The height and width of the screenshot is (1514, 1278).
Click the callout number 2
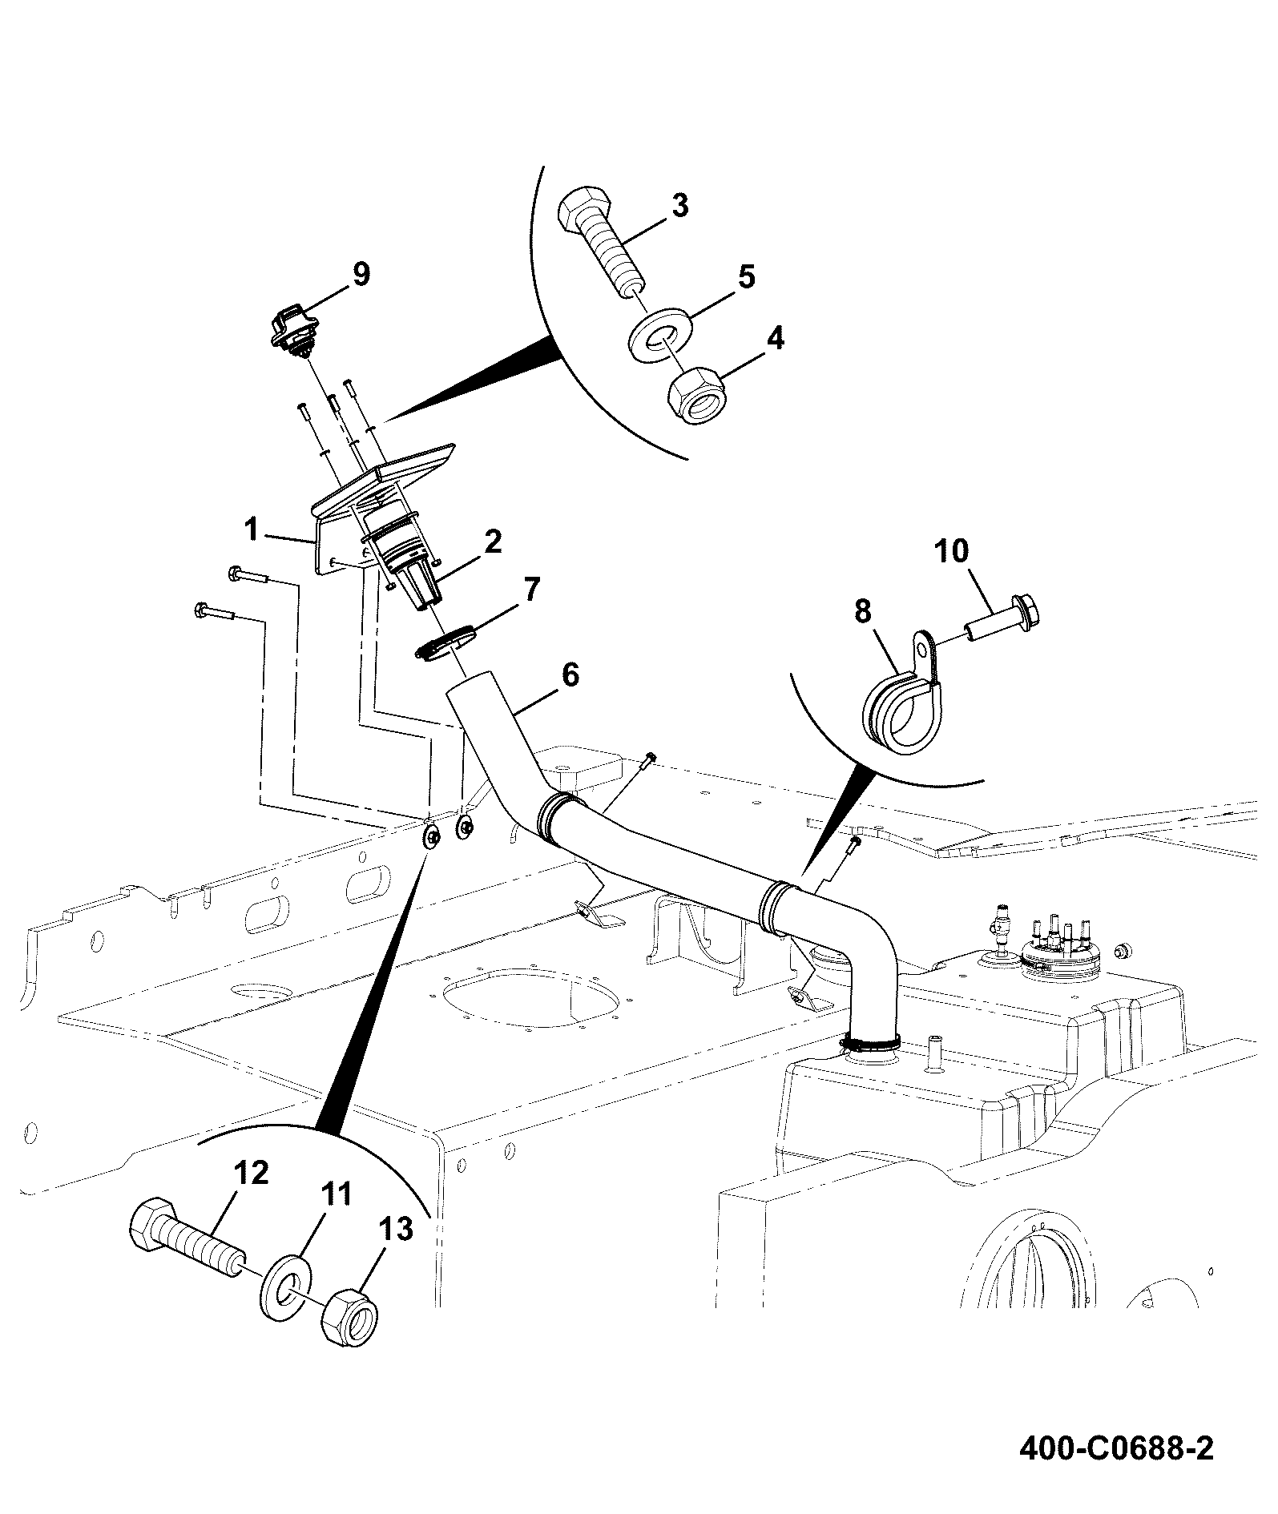493,542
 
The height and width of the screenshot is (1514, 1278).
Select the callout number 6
570,674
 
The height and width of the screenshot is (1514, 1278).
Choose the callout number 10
951,552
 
